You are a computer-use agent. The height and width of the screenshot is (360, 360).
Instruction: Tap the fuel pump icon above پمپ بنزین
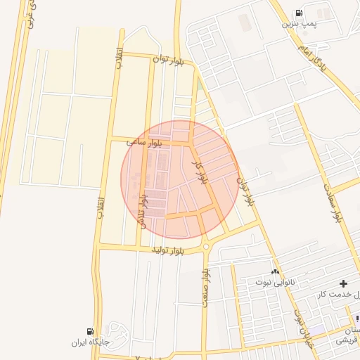click(x=298, y=13)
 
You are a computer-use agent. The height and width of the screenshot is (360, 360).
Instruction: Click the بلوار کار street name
click(x=200, y=172)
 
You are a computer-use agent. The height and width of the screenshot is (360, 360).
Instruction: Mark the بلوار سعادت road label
click(x=333, y=202)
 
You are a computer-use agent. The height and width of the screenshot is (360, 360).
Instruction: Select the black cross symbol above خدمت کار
click(x=343, y=283)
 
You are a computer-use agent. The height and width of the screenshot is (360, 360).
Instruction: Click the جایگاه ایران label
click(x=91, y=342)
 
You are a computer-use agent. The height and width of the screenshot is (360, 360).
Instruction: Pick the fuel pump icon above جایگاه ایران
click(x=90, y=331)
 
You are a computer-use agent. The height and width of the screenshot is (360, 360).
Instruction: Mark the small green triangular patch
click(x=200, y=85)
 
